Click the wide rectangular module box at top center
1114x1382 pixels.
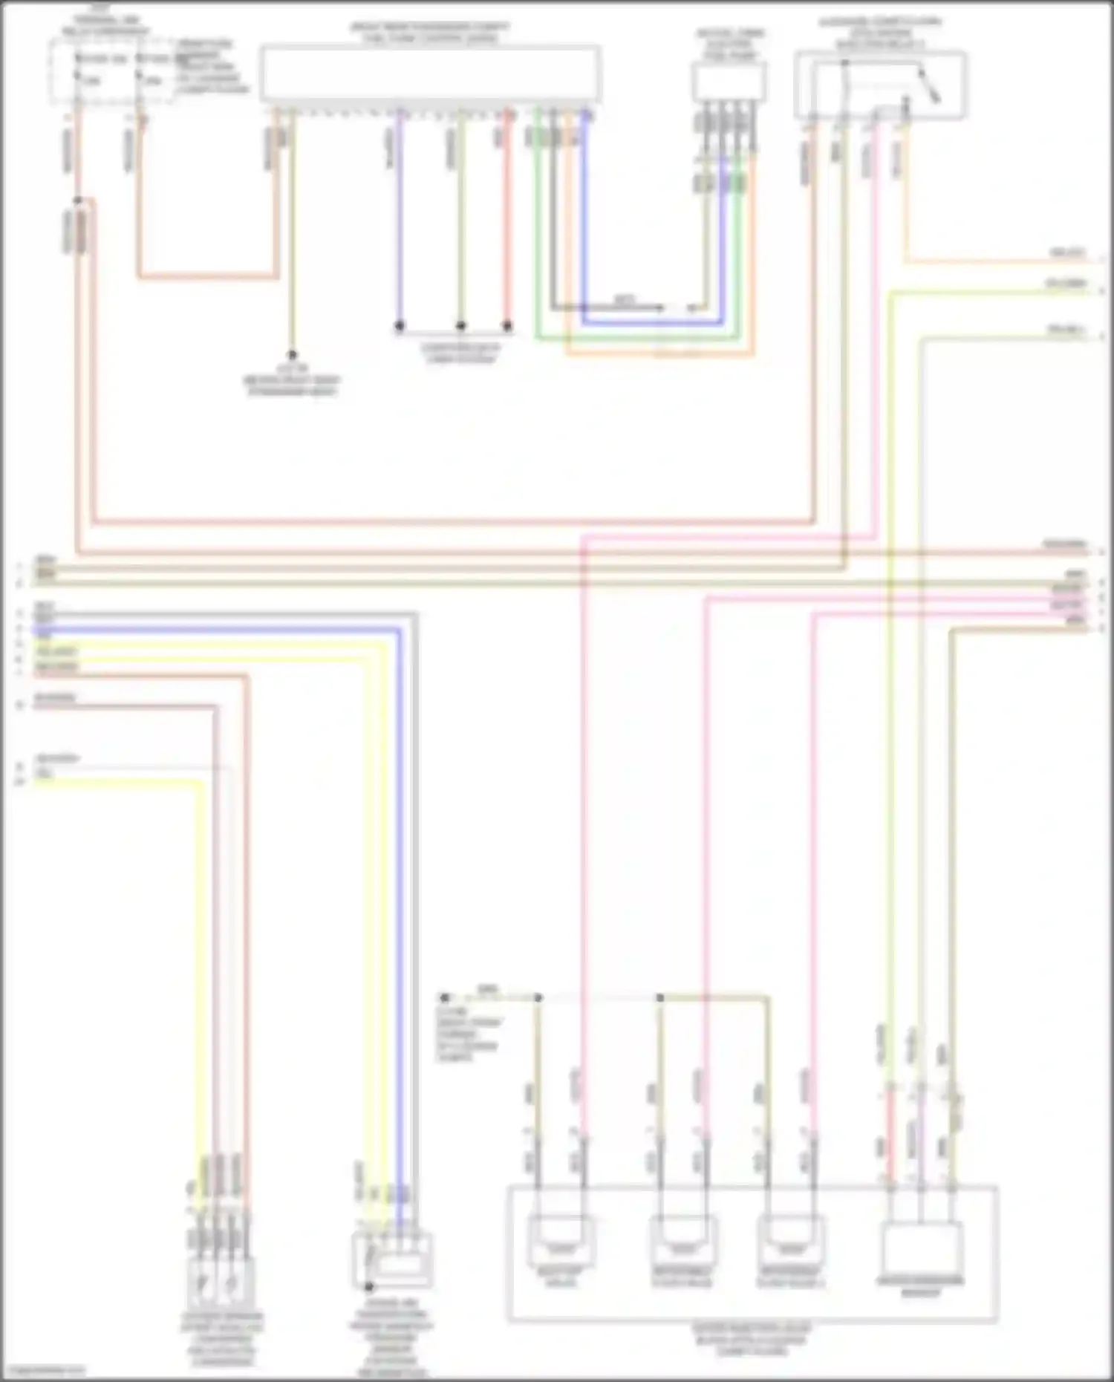[430, 74]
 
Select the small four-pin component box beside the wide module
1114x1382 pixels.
[729, 81]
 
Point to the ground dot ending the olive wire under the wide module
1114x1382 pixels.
[292, 355]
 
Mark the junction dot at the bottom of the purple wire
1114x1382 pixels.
[400, 325]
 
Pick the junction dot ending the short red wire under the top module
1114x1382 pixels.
[507, 325]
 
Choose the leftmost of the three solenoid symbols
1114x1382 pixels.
[561, 1240]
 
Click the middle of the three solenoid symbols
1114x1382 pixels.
[683, 1240]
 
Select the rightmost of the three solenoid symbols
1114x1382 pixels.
[790, 1240]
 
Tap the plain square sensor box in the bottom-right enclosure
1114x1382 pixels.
[920, 1248]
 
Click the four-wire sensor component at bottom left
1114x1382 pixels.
[221, 1281]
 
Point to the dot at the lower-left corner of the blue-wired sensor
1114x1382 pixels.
[369, 1286]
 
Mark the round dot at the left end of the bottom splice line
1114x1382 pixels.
[445, 997]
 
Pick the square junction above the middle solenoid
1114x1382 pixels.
[659, 997]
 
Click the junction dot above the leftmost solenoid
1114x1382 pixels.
[538, 997]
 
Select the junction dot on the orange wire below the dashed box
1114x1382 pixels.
[78, 201]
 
